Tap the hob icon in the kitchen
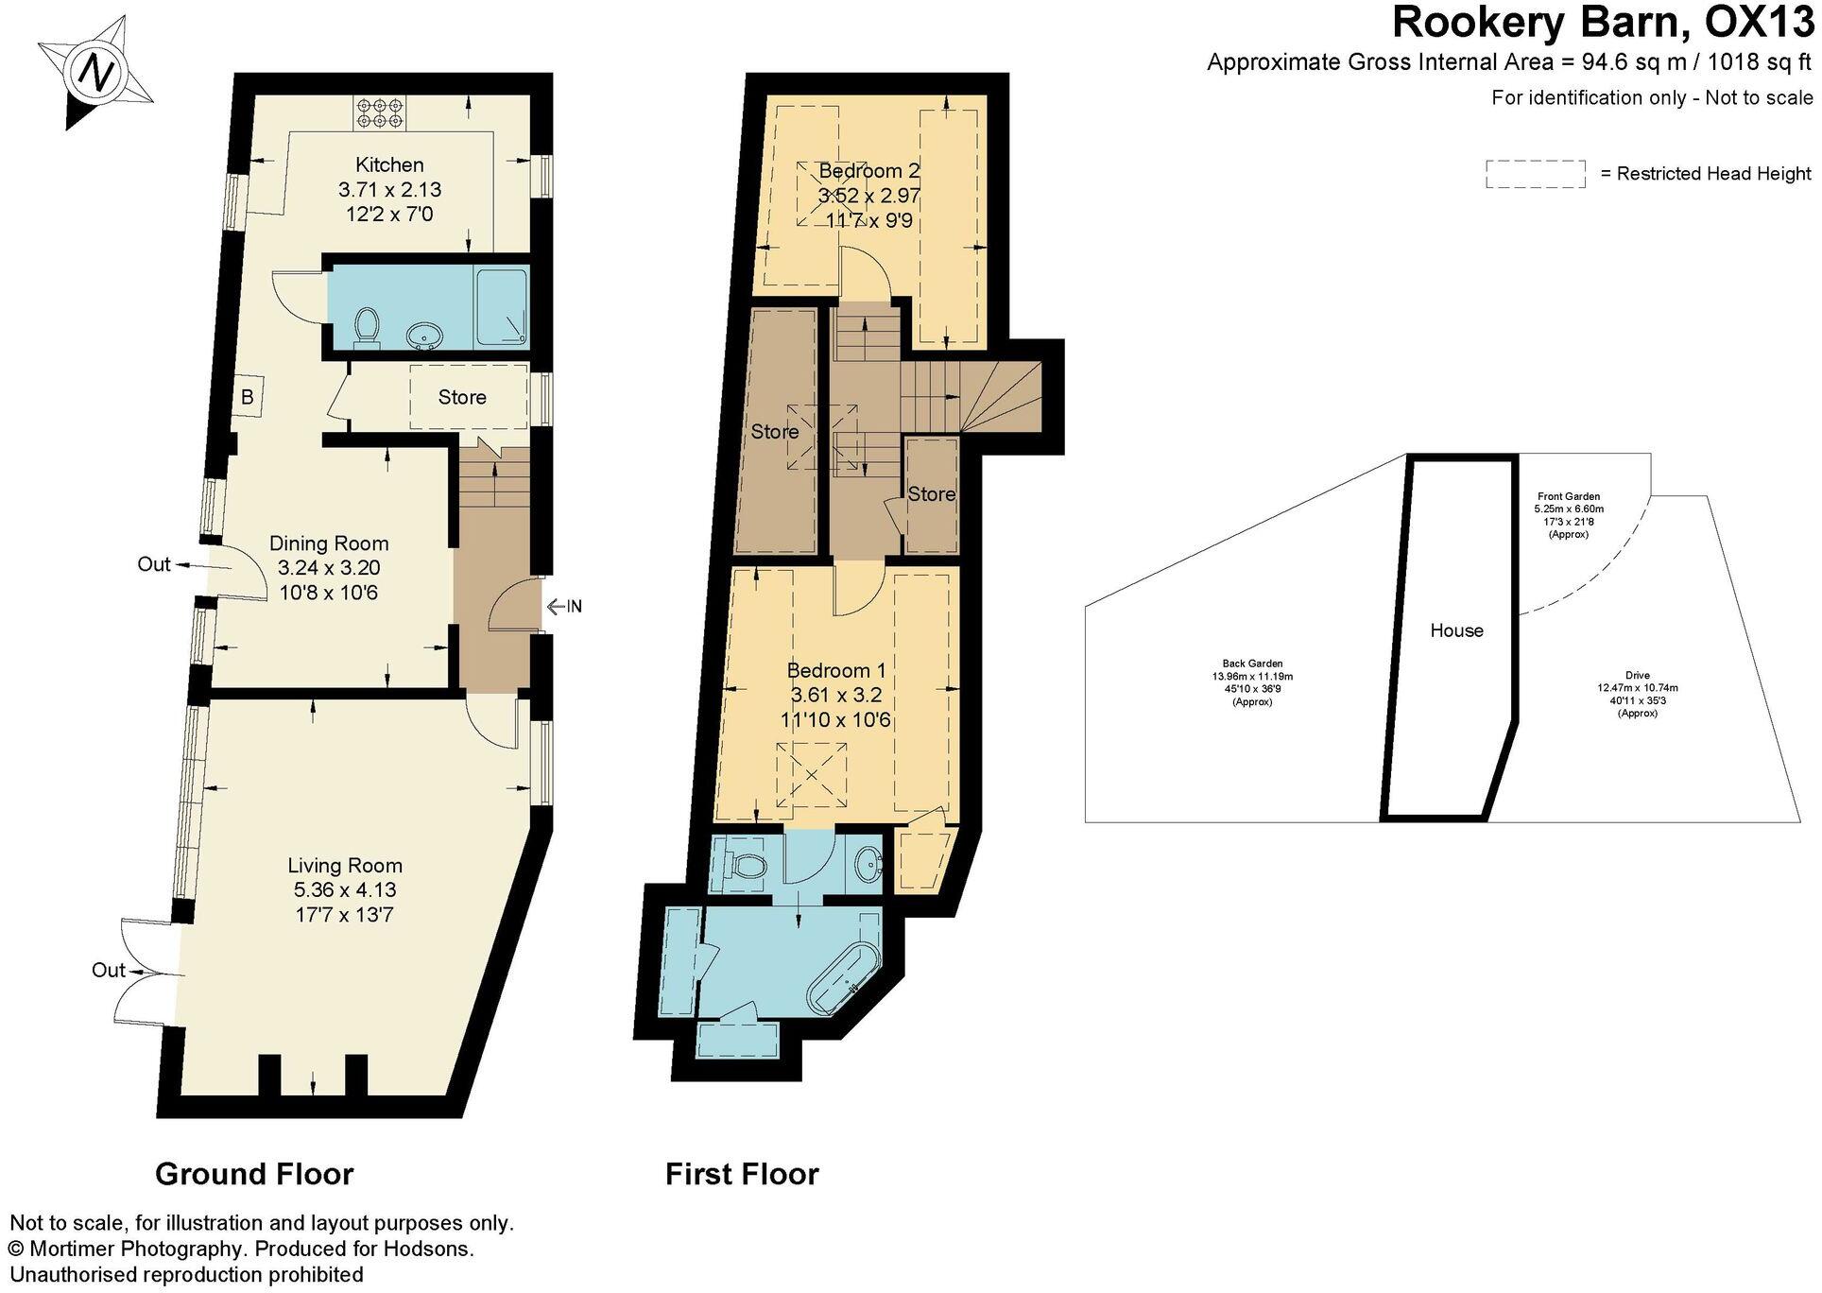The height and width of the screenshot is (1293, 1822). [x=377, y=113]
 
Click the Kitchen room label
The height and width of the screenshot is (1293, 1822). [x=389, y=164]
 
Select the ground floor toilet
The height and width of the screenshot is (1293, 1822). [x=366, y=328]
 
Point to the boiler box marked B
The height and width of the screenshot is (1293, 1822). [x=248, y=397]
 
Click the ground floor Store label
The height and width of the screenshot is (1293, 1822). [x=462, y=397]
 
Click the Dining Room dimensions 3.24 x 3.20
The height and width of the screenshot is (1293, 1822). [x=329, y=568]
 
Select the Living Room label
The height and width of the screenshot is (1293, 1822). [x=345, y=865]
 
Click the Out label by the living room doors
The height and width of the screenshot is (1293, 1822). [x=109, y=970]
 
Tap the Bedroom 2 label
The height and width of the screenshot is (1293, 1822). [x=868, y=171]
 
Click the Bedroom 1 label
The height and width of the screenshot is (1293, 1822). [x=836, y=670]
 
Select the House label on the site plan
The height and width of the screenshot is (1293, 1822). [x=1456, y=630]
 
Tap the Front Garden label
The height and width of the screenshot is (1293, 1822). [x=1569, y=496]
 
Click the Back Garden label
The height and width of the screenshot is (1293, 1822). [x=1252, y=664]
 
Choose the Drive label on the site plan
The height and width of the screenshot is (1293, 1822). [x=1638, y=675]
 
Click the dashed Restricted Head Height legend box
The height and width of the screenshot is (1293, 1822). [x=1535, y=174]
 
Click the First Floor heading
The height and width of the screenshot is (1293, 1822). [x=742, y=1174]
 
